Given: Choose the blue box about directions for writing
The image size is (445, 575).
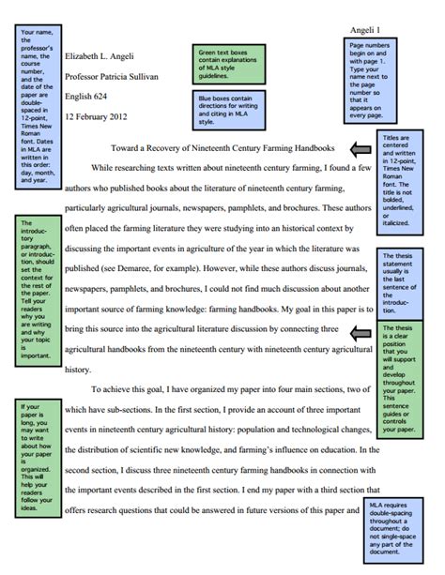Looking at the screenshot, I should [232, 105].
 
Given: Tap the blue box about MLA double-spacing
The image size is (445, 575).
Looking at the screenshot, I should [407, 529].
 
